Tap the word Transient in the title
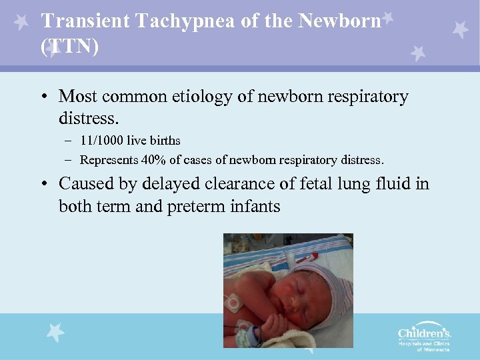85,22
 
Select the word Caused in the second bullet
85,183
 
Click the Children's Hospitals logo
424,337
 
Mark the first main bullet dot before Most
43,97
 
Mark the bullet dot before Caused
43,184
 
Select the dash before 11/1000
69,141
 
